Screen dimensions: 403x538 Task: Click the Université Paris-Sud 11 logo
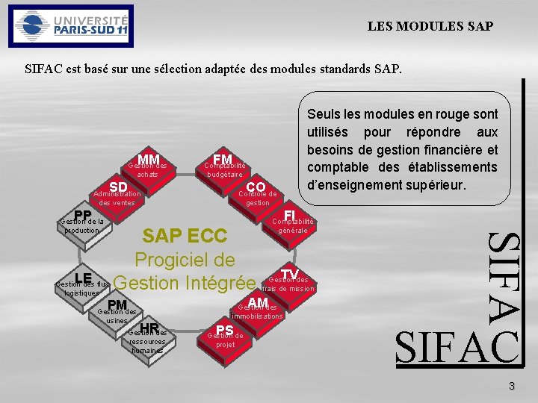[x=69, y=26]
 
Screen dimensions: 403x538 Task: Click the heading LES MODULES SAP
[x=430, y=26]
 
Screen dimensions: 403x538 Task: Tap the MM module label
[x=149, y=159]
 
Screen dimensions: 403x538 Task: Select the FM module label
[x=222, y=159]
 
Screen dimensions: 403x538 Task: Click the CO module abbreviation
[x=256, y=187]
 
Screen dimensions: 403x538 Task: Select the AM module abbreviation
[x=258, y=302]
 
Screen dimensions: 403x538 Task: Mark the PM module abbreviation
[x=117, y=304]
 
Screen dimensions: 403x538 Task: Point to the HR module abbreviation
[x=149, y=328]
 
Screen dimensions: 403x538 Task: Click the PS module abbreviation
[x=224, y=329]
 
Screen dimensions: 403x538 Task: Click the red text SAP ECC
[x=184, y=237]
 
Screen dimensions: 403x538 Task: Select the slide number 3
[x=511, y=386]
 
